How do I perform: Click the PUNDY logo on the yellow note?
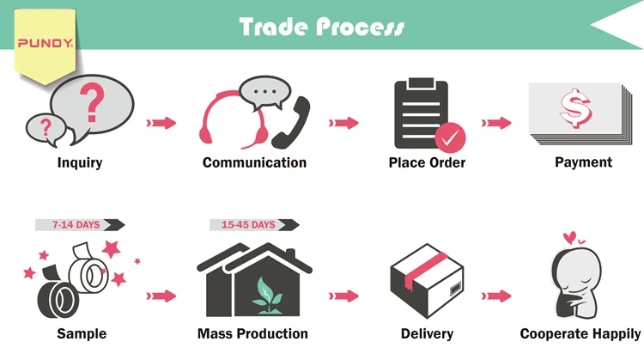tap(45, 40)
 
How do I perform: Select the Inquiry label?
tap(80, 162)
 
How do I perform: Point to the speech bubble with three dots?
tap(264, 89)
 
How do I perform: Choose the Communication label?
tap(254, 162)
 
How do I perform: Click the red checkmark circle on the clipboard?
tap(449, 137)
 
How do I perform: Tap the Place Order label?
tap(428, 162)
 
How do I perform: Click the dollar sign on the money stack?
tap(571, 109)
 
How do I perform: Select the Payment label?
tap(583, 162)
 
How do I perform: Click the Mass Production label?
tap(253, 333)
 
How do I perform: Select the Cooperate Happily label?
tap(580, 333)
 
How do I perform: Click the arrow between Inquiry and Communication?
tap(161, 123)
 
